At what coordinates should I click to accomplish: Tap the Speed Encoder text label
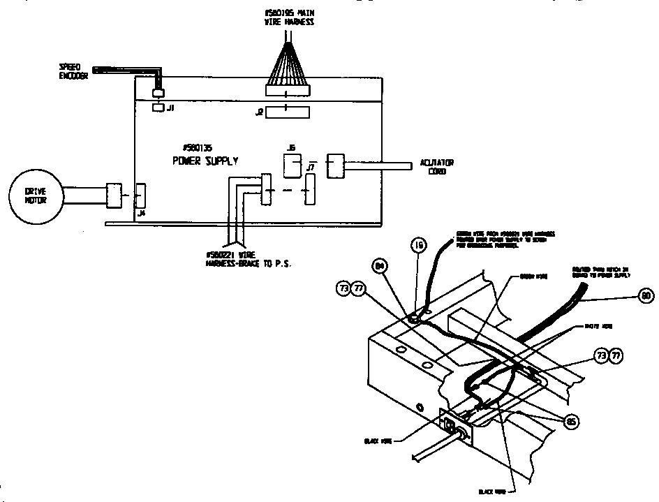coord(73,72)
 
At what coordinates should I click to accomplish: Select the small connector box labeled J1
coord(158,108)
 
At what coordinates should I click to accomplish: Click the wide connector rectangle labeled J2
coord(287,112)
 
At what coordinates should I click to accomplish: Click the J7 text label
coord(311,168)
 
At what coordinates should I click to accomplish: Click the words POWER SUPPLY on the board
coord(205,161)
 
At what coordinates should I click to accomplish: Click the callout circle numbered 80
coord(646,296)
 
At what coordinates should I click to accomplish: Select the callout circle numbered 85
coord(571,421)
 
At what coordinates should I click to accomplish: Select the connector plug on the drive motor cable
coord(114,195)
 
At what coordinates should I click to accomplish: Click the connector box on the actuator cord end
coord(336,166)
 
